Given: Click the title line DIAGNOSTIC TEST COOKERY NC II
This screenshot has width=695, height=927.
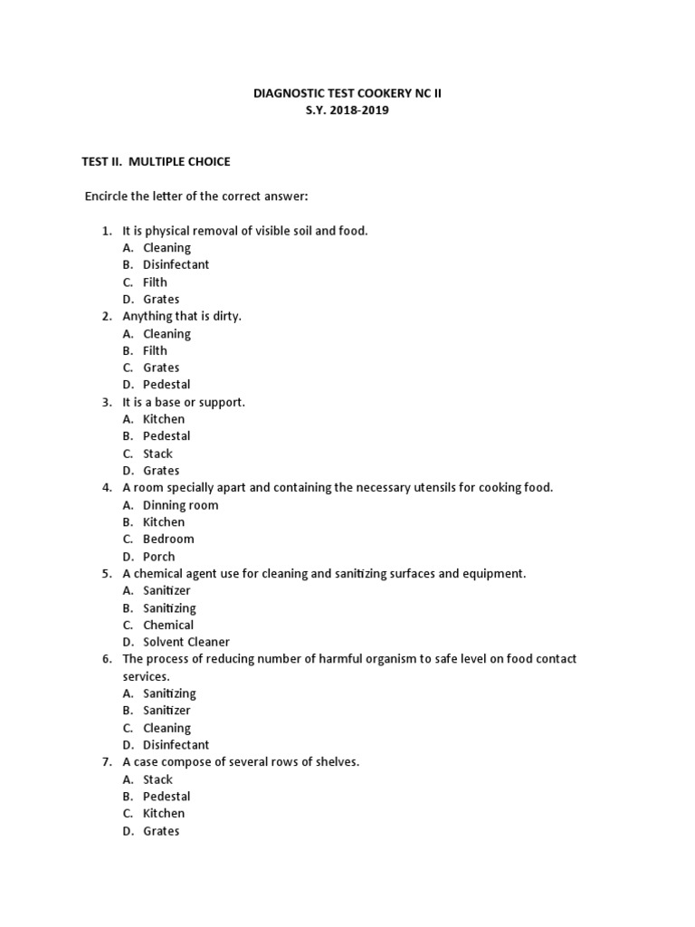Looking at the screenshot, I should click(347, 93).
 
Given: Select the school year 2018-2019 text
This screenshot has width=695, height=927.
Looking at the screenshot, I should click(347, 110).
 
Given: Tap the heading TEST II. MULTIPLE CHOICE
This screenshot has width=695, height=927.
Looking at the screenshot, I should click(157, 162).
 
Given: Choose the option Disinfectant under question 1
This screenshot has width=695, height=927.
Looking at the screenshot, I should click(176, 265).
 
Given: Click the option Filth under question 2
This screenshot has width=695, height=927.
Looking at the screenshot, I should click(155, 351).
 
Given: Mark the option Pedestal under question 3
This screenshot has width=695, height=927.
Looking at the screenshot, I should click(167, 436).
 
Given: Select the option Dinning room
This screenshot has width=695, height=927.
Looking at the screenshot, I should click(180, 505).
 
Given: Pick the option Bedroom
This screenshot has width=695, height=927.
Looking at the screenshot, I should click(168, 540).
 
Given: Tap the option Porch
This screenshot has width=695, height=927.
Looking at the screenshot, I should click(159, 557).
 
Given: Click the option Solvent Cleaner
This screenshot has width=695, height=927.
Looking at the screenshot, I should click(186, 643).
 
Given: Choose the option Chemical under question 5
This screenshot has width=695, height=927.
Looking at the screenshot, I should click(168, 626).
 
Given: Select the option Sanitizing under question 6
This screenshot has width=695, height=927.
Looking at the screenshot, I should click(169, 693).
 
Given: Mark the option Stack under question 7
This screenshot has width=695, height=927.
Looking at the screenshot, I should click(157, 779).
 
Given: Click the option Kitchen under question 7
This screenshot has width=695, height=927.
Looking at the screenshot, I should click(164, 814).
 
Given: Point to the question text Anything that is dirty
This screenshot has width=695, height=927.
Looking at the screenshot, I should click(182, 317).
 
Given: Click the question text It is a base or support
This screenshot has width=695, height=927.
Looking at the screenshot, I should click(184, 402).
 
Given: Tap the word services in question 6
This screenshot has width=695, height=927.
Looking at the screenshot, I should click(146, 677).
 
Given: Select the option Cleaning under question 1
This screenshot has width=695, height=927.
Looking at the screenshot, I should click(167, 248).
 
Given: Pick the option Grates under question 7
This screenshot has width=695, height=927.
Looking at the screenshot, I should click(161, 831).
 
